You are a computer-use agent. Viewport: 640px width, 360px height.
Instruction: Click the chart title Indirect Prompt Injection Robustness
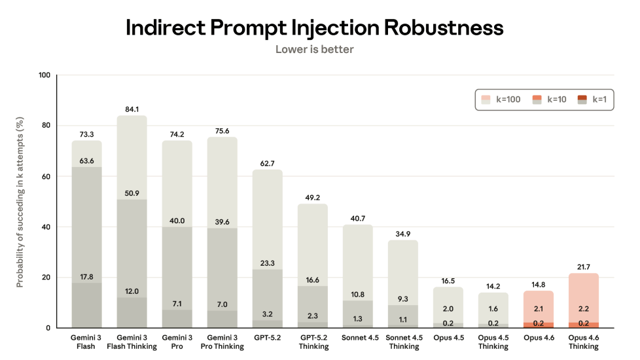[314, 27]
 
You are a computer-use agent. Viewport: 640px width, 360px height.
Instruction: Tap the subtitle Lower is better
[314, 50]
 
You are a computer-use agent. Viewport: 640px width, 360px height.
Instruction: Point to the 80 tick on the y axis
[44, 126]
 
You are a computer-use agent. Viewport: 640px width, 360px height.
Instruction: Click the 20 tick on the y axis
[44, 278]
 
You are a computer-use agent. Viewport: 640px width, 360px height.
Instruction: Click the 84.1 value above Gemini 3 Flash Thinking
[132, 109]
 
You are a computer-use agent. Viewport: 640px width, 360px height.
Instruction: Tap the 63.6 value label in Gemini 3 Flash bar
[86, 160]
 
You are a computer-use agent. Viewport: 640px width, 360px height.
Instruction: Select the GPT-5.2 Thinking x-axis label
[312, 342]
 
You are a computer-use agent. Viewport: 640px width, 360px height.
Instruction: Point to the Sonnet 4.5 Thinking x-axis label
[403, 342]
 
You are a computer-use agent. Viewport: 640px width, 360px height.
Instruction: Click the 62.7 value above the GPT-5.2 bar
[267, 163]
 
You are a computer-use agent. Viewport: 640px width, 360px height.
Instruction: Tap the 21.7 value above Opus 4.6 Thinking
[584, 266]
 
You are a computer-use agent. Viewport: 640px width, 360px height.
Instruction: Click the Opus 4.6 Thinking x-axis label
[584, 342]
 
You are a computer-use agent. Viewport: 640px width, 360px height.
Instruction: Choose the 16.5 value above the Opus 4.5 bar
[448, 280]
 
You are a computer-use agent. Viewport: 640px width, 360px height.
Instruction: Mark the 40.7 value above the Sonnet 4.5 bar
[358, 219]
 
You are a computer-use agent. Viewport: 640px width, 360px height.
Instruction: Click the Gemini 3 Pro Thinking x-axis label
[222, 342]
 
